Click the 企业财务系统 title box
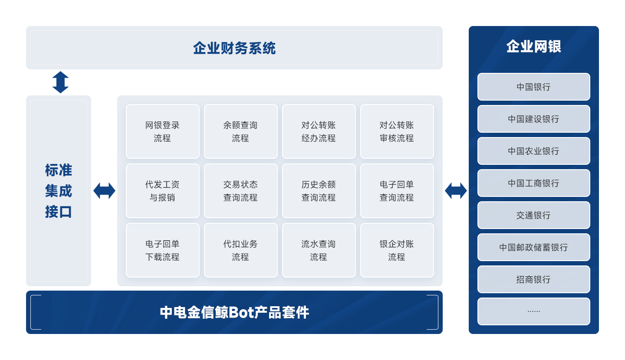point(234,48)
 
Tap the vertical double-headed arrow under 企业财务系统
point(61,82)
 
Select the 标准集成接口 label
point(59,191)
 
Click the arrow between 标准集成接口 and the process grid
point(104,191)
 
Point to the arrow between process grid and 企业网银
point(456,191)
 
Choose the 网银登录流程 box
point(163,131)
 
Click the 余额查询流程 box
point(241,131)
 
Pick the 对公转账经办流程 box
point(319,131)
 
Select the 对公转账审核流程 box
point(397,131)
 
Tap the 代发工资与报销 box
point(163,191)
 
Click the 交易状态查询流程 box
point(241,191)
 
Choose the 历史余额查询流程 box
point(319,191)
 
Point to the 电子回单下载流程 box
point(163,250)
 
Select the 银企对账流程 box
point(397,250)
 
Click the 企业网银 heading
point(533,46)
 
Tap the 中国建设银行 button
point(533,119)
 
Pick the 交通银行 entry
point(533,215)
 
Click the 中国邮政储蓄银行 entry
point(533,247)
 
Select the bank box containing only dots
point(533,311)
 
